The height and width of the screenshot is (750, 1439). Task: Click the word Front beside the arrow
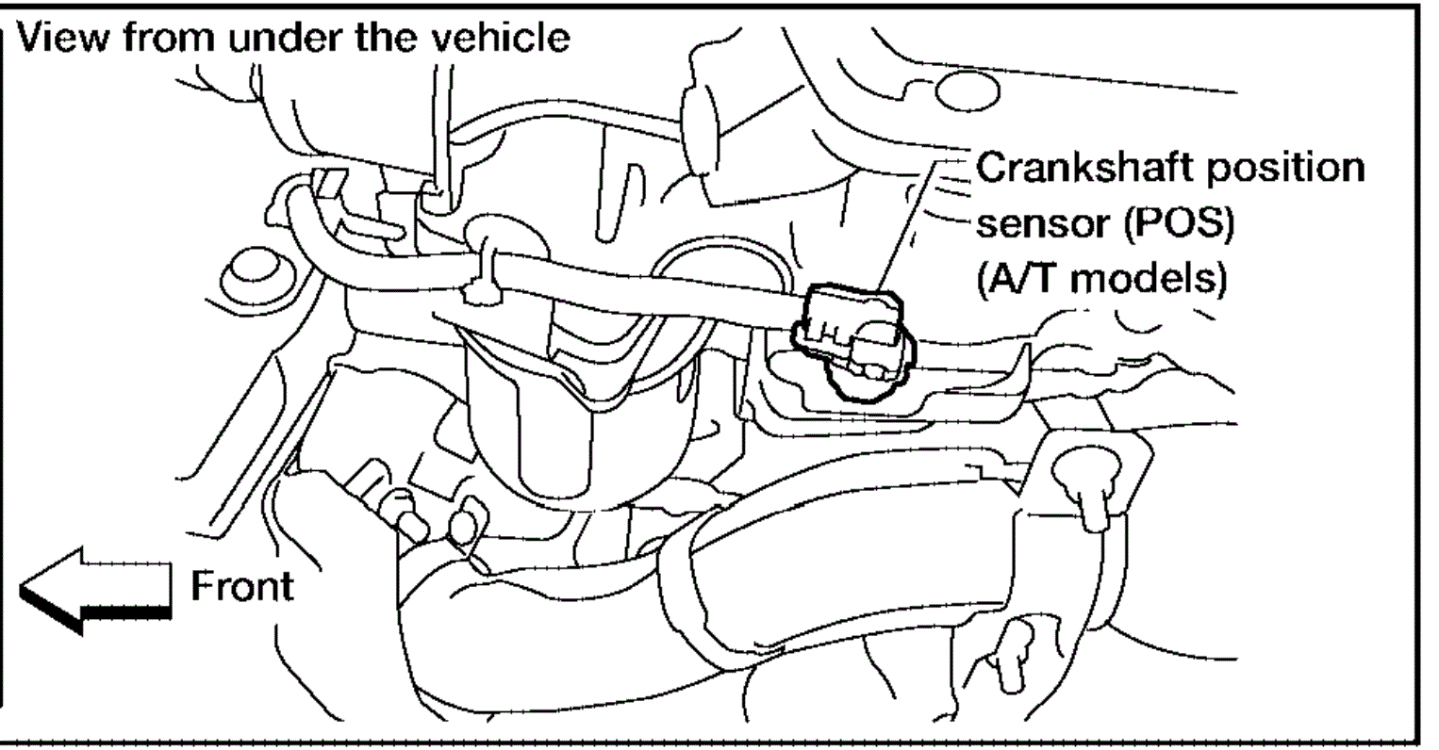click(241, 586)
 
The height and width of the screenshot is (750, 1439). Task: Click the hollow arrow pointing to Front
click(94, 588)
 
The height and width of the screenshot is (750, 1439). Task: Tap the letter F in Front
click(200, 586)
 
